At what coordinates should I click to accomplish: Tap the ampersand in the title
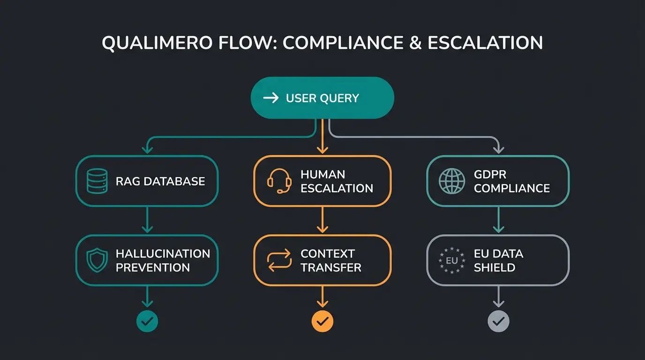(415, 43)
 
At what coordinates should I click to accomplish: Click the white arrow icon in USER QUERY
(271, 98)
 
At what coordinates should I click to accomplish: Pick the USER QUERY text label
(322, 98)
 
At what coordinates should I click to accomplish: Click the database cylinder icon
(97, 181)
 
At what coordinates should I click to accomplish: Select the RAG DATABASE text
(160, 181)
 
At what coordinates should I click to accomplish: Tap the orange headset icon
(278, 181)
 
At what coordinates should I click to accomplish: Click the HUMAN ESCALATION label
(337, 181)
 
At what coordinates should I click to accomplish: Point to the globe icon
(452, 181)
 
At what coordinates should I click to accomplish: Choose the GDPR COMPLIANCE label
(512, 181)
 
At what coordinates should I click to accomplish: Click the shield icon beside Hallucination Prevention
(97, 261)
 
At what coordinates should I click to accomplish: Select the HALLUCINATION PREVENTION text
(163, 261)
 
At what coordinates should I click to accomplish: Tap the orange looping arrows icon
(278, 261)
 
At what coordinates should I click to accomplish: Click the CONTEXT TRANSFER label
(331, 261)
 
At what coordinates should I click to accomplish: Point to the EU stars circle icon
(451, 261)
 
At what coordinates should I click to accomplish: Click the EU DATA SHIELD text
(498, 261)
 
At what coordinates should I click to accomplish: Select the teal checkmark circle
(147, 321)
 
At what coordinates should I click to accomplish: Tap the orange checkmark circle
(322, 321)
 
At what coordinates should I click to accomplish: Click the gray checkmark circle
(498, 321)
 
